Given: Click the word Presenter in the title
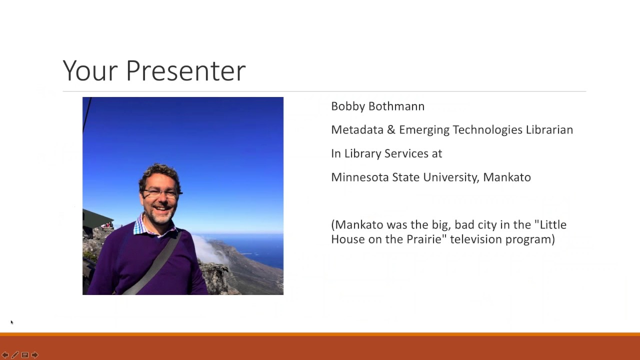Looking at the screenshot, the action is (x=185, y=70).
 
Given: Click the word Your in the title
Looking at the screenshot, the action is (x=90, y=70).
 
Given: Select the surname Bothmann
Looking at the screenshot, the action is (x=396, y=106).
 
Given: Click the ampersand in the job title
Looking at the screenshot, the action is (x=391, y=130).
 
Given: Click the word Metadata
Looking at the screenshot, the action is (x=357, y=130).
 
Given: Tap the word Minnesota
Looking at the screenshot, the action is (x=359, y=177).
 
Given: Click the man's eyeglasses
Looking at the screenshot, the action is (x=161, y=193).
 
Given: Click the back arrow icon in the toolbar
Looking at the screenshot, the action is (x=5, y=355).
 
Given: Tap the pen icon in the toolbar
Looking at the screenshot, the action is (x=15, y=355).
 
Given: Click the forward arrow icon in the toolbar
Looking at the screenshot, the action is (x=35, y=355).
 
